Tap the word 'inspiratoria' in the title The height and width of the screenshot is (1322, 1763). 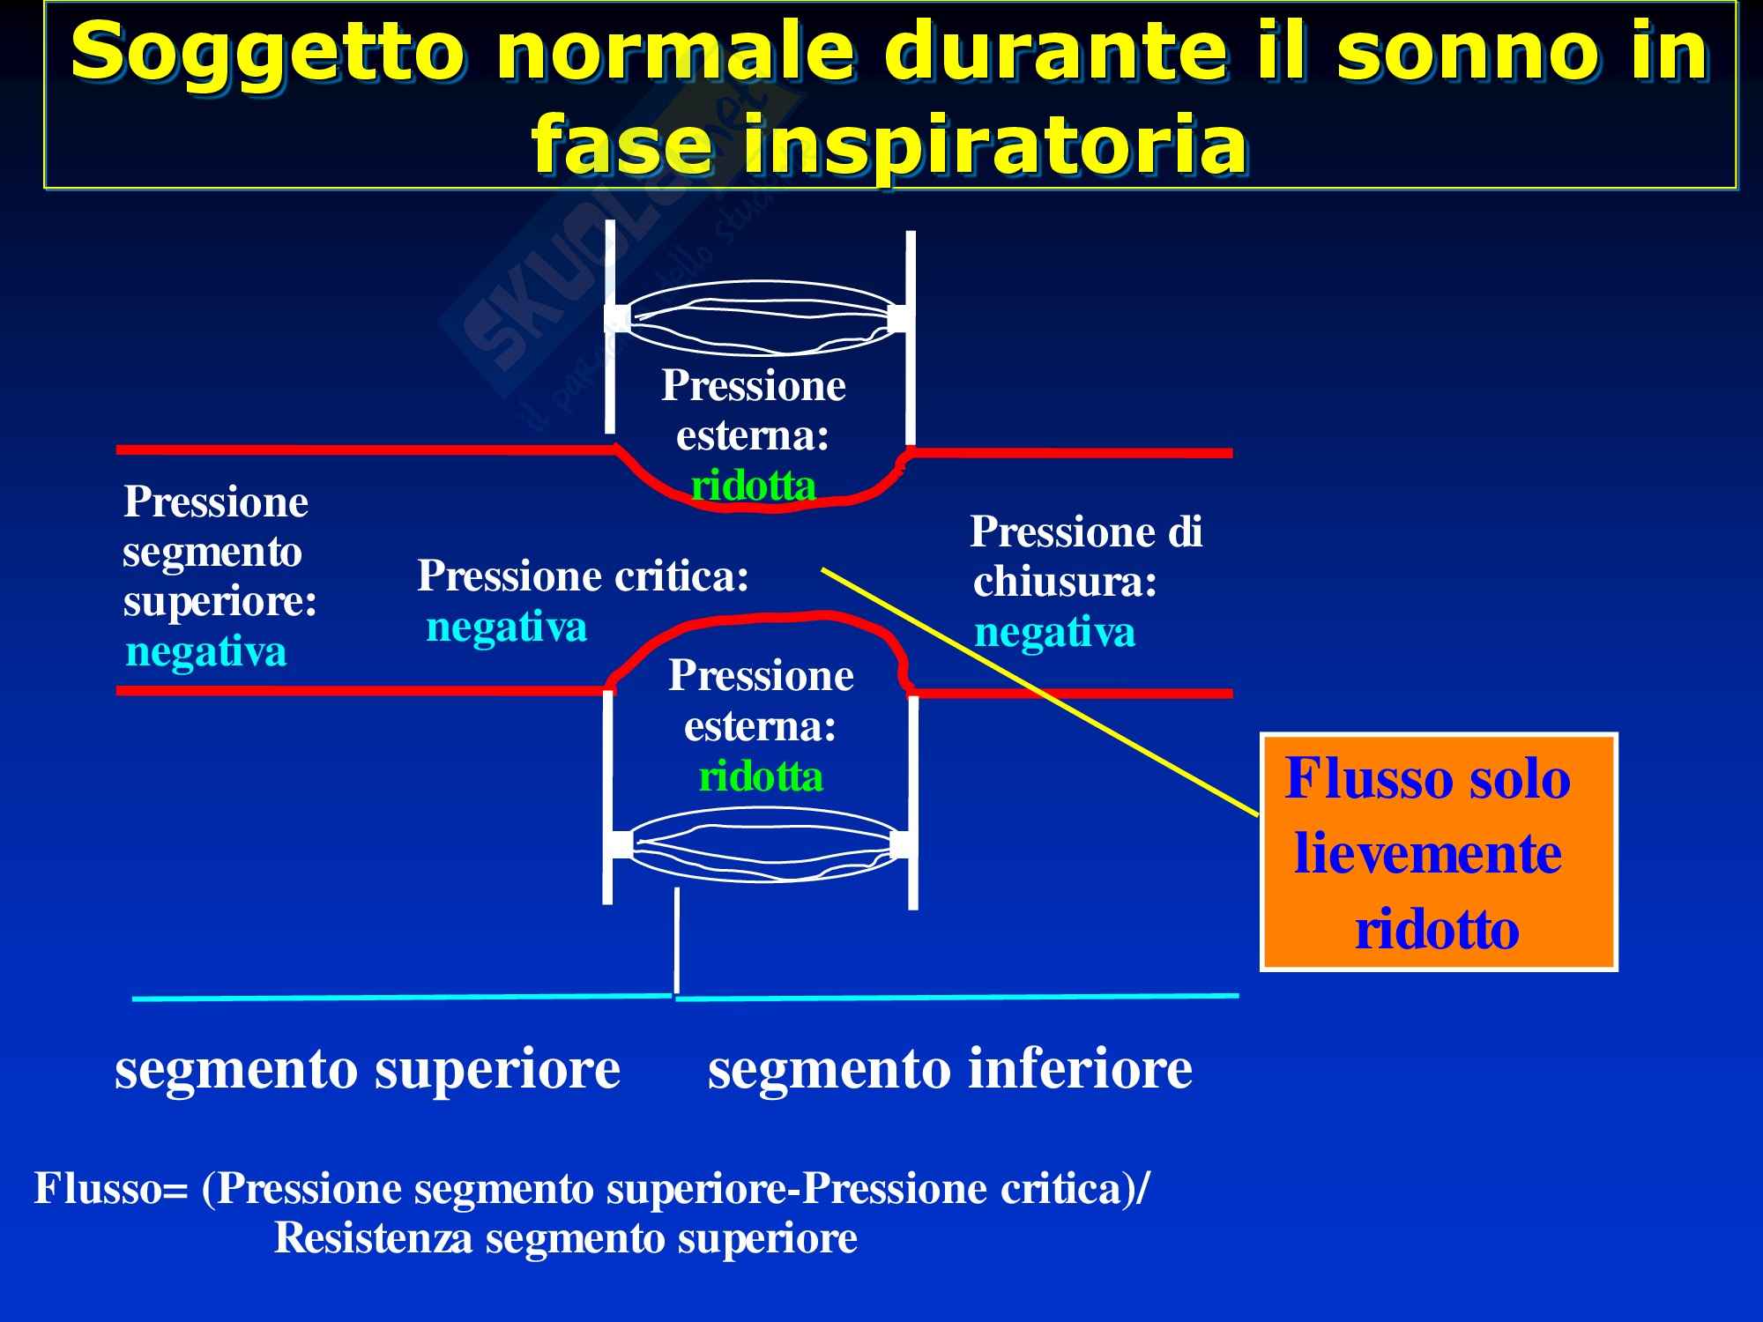click(986, 145)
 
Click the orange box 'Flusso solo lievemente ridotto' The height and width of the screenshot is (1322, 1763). click(1439, 852)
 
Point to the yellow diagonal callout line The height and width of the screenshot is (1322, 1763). click(1041, 692)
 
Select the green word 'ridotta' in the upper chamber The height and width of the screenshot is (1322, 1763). click(754, 486)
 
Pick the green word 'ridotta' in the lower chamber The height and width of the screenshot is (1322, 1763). click(761, 776)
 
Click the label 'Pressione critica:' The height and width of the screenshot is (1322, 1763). click(583, 576)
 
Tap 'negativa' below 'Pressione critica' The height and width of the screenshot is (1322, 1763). click(507, 628)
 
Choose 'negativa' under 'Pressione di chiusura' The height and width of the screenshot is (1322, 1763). click(1054, 633)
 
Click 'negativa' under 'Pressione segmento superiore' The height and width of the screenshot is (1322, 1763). click(206, 652)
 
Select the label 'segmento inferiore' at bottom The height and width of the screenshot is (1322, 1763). click(950, 1068)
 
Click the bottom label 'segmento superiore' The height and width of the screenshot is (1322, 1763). click(368, 1068)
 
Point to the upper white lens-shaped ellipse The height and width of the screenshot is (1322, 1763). click(760, 317)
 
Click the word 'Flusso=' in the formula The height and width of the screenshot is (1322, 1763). click(111, 1189)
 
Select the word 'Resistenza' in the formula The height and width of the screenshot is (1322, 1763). click(375, 1238)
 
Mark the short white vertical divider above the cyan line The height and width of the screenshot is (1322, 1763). click(676, 940)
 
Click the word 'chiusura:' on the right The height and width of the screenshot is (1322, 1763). click(1065, 582)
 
